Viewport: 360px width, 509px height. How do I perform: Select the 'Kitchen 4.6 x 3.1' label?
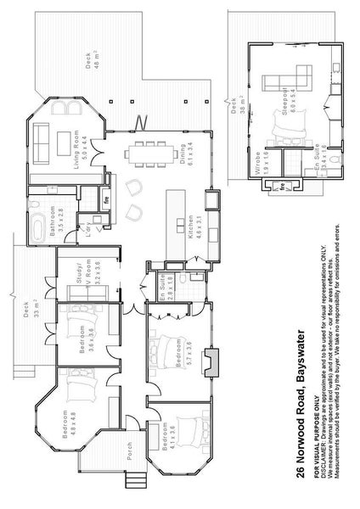tap(191, 230)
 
